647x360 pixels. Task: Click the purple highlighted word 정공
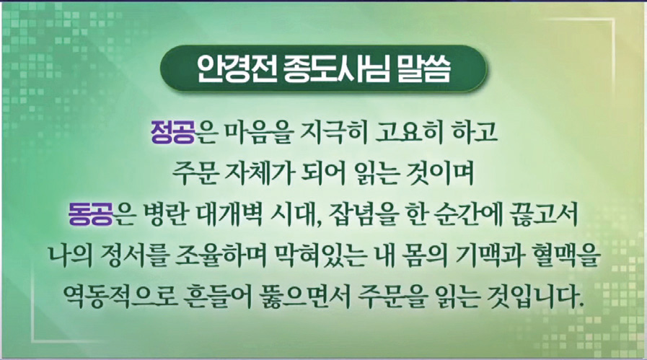pyautogui.click(x=172, y=132)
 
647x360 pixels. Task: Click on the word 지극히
pyautogui.click(x=335, y=132)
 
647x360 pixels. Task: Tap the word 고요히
pyautogui.click(x=409, y=132)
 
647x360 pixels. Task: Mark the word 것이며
pyautogui.click(x=442, y=172)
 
